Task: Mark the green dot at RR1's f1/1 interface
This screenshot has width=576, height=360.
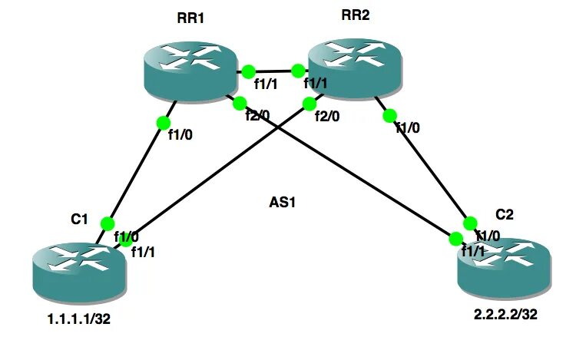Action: [247, 72]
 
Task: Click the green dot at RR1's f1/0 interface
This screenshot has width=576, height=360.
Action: [162, 123]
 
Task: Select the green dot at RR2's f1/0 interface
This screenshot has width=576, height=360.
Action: [389, 116]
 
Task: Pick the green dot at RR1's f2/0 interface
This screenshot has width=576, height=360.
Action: [239, 102]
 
